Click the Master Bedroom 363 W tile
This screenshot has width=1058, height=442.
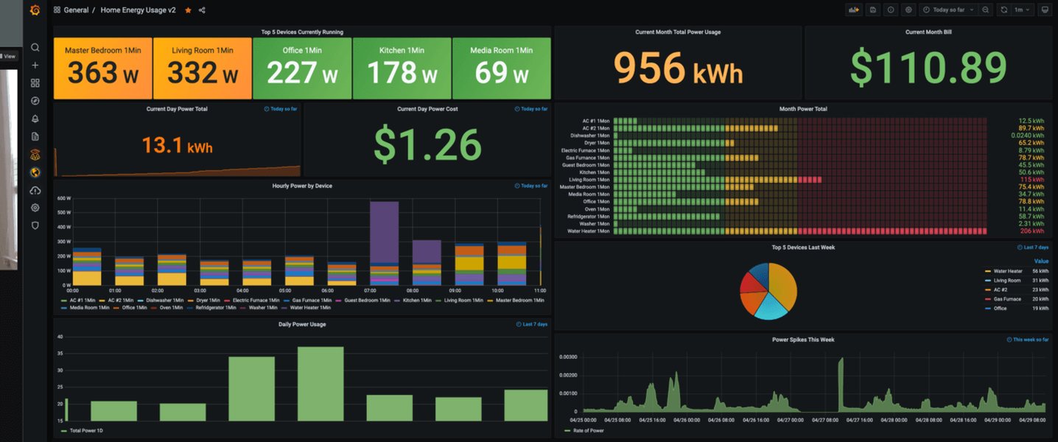(x=102, y=68)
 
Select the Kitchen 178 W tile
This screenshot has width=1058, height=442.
(x=402, y=68)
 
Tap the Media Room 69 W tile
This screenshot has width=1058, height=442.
(x=502, y=68)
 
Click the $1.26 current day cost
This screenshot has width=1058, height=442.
(x=427, y=144)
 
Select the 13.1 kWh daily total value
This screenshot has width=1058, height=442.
(x=177, y=146)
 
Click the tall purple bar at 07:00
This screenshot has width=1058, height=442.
(x=384, y=232)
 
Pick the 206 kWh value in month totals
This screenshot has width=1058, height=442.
(x=1031, y=231)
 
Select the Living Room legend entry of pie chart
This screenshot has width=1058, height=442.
(x=1006, y=281)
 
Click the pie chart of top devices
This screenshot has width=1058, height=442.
(x=768, y=292)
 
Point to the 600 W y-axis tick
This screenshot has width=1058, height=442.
(x=63, y=199)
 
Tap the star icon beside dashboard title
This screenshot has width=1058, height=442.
(x=188, y=10)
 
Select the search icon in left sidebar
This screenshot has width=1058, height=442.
(x=35, y=48)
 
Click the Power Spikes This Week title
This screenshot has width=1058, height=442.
(x=802, y=340)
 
